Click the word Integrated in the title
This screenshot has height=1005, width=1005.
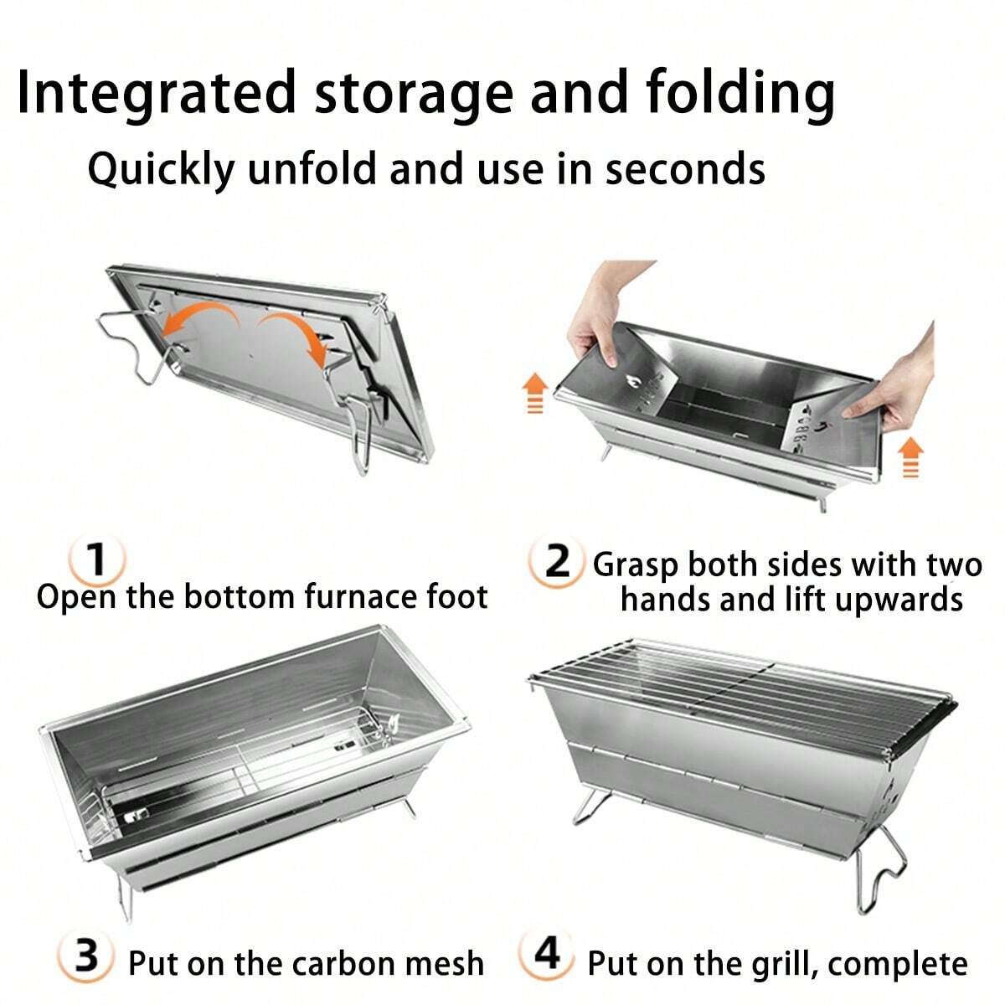pyautogui.click(x=157, y=92)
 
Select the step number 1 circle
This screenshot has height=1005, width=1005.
pyautogui.click(x=96, y=559)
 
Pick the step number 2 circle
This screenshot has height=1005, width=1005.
pyautogui.click(x=556, y=562)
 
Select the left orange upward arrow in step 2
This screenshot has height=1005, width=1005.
pyautogui.click(x=535, y=392)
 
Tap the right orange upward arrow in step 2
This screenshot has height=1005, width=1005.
pyautogui.click(x=910, y=456)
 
